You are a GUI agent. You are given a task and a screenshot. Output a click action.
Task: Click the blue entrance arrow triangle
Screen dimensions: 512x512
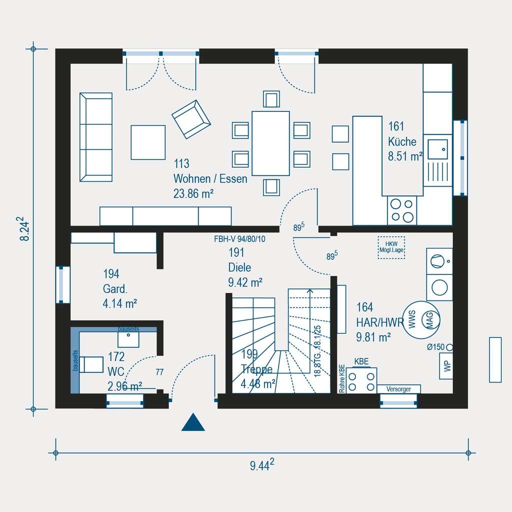[x=193, y=423]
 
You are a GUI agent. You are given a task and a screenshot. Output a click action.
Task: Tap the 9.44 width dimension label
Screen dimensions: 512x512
[x=262, y=466]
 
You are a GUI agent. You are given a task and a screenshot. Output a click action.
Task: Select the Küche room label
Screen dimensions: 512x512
[x=402, y=141]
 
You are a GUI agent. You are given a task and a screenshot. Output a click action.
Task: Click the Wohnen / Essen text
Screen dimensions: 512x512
[x=210, y=178]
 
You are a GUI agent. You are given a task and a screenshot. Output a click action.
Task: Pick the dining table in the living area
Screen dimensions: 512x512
[x=270, y=143]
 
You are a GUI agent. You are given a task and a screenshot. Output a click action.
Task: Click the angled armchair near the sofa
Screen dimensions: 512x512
[x=191, y=119]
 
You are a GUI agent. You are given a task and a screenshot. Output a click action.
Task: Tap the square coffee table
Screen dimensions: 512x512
[x=148, y=142]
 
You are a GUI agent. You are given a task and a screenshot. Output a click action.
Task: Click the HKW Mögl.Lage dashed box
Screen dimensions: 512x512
[x=391, y=247]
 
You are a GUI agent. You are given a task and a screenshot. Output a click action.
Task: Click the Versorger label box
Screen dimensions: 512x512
[x=398, y=389]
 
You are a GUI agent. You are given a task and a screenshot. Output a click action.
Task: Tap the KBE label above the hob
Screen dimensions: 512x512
[x=361, y=361]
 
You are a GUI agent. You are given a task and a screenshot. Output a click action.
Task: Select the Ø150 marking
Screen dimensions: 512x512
[x=436, y=347]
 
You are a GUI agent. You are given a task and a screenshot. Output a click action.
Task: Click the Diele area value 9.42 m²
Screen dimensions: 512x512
[x=245, y=282]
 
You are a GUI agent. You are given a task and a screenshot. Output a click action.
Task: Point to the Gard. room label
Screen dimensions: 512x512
[x=115, y=288]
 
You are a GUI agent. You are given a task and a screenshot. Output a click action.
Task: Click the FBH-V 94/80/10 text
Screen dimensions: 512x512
[x=239, y=239]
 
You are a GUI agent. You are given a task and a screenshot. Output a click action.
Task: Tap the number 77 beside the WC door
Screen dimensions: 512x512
[x=159, y=371]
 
